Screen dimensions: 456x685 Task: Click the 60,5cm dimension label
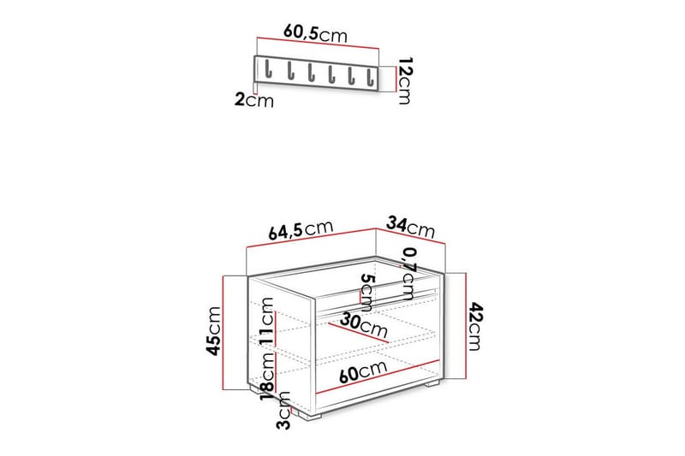(314, 33)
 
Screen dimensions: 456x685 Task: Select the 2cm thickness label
(254, 101)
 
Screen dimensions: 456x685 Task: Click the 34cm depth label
(410, 227)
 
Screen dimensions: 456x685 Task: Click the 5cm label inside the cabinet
(366, 293)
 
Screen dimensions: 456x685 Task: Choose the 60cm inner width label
(359, 372)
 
